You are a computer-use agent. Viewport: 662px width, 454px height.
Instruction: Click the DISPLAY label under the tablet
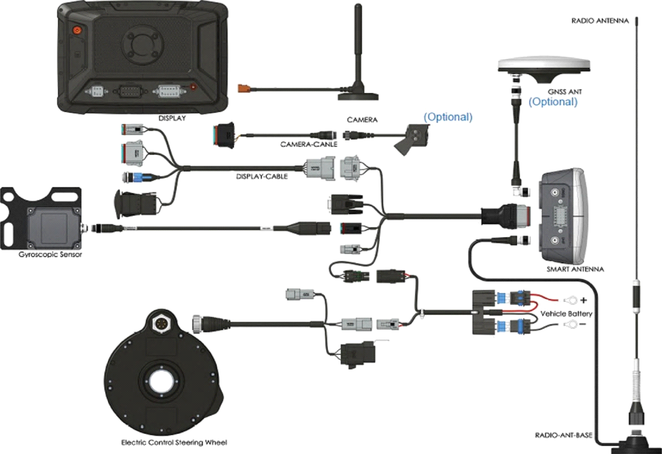tap(172, 118)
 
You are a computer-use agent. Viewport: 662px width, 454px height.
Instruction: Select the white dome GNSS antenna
tap(544, 69)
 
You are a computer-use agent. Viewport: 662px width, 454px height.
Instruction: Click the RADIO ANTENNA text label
tap(600, 21)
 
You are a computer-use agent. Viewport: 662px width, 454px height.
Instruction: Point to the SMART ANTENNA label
tap(575, 269)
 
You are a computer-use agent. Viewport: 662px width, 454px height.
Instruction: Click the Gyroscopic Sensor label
tap(50, 254)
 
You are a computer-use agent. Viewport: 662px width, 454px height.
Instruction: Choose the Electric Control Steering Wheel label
tap(174, 443)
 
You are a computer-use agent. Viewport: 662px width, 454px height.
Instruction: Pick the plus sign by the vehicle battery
tap(584, 300)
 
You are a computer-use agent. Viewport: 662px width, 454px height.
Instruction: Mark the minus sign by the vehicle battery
tap(582, 325)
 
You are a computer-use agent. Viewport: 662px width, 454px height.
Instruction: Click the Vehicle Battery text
tap(566, 314)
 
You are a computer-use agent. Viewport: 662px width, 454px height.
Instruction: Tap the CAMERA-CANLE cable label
tap(309, 144)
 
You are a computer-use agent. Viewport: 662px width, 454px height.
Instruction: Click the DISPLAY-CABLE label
tap(262, 176)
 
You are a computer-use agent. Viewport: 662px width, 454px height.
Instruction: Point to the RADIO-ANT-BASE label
tap(563, 435)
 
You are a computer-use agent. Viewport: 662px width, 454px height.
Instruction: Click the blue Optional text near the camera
tap(448, 117)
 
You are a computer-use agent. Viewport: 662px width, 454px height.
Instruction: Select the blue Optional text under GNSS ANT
tap(553, 102)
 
